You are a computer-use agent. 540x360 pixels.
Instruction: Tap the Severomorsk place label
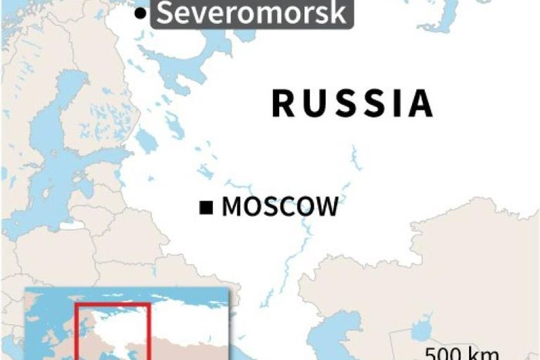[251, 13]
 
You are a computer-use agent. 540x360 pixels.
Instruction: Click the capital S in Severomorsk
[164, 13]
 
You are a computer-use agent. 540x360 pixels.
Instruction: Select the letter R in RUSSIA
[285, 103]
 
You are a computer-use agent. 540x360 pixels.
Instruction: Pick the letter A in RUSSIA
[420, 103]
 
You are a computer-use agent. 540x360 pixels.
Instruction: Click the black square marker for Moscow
[206, 207]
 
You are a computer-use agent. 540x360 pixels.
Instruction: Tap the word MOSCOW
[279, 207]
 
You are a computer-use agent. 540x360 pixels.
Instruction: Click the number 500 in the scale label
[442, 354]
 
